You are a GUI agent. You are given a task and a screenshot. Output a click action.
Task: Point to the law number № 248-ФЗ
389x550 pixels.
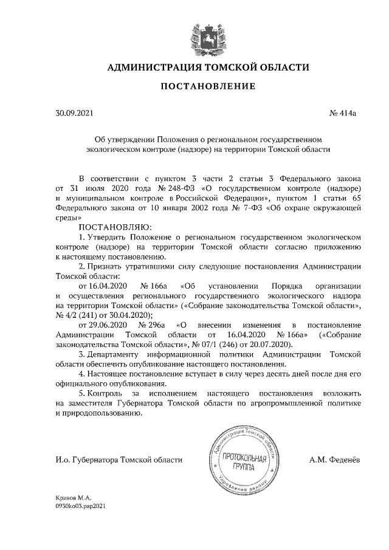(x=162, y=188)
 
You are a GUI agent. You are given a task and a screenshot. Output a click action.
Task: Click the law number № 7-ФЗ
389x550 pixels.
(x=232, y=207)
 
